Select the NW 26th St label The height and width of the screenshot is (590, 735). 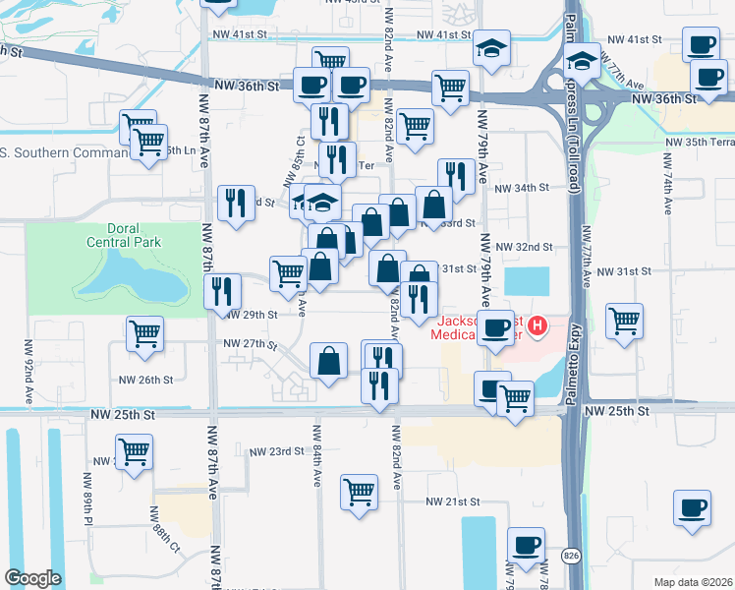tap(145, 380)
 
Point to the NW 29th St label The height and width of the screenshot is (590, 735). tap(252, 315)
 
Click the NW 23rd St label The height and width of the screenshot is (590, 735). tap(276, 451)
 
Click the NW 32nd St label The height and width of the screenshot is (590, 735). tap(524, 247)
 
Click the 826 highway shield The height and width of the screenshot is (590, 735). tap(571, 557)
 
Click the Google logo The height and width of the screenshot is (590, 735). tap(32, 578)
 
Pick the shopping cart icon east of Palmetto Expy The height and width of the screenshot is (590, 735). tap(624, 321)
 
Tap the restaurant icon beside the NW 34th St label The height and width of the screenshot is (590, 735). tap(455, 177)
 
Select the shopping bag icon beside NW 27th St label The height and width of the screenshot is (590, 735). tap(328, 360)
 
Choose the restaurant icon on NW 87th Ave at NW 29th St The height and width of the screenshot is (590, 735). tap(222, 291)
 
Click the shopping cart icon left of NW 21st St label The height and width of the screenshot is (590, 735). tap(360, 492)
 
